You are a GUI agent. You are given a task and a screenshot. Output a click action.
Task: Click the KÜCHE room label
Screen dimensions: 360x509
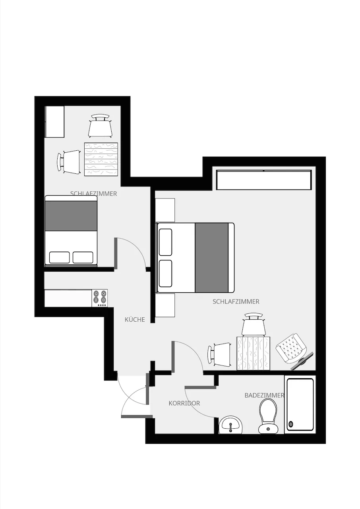point(135,319)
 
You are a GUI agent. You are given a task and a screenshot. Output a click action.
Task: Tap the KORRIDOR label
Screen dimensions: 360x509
point(184,403)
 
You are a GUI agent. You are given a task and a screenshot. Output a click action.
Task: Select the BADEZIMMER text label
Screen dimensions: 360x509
point(264,395)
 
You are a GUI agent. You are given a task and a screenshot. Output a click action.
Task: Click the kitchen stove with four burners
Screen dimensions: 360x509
point(100,298)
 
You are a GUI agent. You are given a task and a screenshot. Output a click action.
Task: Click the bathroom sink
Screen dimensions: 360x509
point(230,424)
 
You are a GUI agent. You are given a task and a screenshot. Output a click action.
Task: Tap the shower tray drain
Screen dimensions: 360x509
point(291,424)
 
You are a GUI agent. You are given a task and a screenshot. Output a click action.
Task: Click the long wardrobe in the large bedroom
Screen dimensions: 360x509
point(264,180)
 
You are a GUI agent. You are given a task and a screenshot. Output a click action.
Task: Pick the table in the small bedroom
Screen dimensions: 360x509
point(101,159)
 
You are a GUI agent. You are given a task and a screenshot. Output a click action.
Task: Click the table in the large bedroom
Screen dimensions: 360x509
point(254,353)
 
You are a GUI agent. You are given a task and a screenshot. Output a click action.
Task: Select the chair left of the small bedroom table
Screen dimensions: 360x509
point(69,162)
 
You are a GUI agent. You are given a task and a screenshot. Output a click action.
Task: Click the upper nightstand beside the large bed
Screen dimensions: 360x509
point(165,210)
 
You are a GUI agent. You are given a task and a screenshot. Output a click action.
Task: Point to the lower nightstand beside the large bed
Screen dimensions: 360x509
point(165,305)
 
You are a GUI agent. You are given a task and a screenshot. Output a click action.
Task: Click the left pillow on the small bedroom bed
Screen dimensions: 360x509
point(60,257)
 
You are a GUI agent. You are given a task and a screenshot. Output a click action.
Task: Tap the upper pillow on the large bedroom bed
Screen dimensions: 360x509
point(165,242)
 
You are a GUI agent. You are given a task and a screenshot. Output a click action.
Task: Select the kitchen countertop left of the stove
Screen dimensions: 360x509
point(68,298)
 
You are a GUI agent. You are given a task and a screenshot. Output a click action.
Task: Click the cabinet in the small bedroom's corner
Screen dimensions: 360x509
point(55,122)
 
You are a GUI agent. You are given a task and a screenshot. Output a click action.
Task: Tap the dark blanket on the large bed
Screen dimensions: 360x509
point(211,257)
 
